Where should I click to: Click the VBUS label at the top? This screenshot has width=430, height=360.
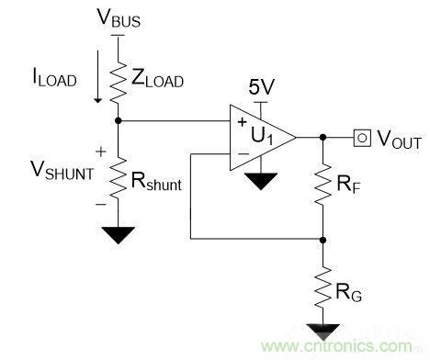(x=119, y=17)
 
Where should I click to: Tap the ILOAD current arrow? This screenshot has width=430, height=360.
(x=98, y=76)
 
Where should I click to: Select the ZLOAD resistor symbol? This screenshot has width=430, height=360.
(x=118, y=83)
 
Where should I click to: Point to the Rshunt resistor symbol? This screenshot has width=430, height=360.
(x=118, y=178)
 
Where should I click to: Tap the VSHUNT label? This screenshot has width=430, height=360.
(x=62, y=170)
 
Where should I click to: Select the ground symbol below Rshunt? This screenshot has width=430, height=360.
(x=119, y=235)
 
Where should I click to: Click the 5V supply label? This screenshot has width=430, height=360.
(x=261, y=87)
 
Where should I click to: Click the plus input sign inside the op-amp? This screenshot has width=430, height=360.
(x=242, y=122)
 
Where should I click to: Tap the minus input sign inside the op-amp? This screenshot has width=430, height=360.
(x=243, y=153)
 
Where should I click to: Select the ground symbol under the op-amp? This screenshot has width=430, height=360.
(x=261, y=181)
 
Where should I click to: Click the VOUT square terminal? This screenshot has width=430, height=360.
(x=362, y=138)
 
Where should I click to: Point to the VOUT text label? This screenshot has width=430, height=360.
(x=399, y=140)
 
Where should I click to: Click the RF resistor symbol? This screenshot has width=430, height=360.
(x=322, y=184)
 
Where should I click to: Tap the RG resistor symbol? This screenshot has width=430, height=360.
(x=322, y=287)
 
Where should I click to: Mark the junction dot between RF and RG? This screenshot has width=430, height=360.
(x=322, y=240)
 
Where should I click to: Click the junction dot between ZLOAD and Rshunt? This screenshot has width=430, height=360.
(x=119, y=120)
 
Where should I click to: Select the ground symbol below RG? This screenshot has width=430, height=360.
(x=322, y=332)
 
